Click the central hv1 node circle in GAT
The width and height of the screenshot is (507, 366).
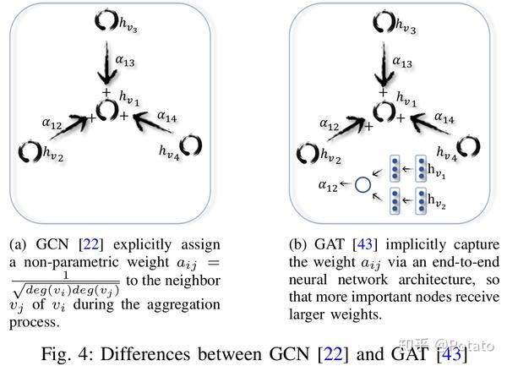point(383,111)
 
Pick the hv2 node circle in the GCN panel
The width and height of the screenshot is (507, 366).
point(30,152)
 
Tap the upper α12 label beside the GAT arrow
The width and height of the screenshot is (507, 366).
point(330,123)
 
